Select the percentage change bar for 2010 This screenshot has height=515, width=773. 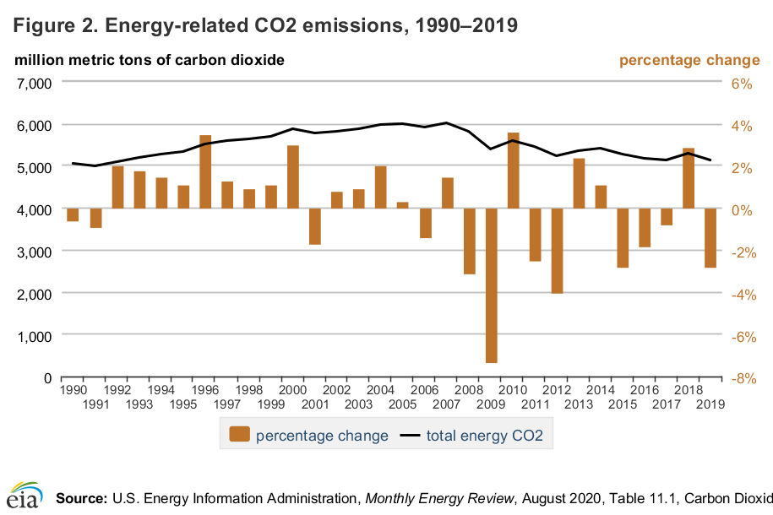tap(513, 171)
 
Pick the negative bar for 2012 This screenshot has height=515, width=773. tap(557, 251)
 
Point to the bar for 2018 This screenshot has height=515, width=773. tap(689, 179)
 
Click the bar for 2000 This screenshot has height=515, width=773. tap(293, 177)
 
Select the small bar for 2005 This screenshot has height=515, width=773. tap(403, 205)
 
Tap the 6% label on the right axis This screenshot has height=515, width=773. tap(741, 83)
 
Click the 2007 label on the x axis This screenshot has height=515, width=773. tap(447, 404)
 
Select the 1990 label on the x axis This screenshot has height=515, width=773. tap(73, 391)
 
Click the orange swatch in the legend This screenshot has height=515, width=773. tap(240, 436)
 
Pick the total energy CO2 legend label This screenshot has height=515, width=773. tap(484, 436)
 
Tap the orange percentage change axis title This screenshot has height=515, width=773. tap(689, 60)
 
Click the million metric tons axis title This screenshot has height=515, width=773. tap(148, 60)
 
